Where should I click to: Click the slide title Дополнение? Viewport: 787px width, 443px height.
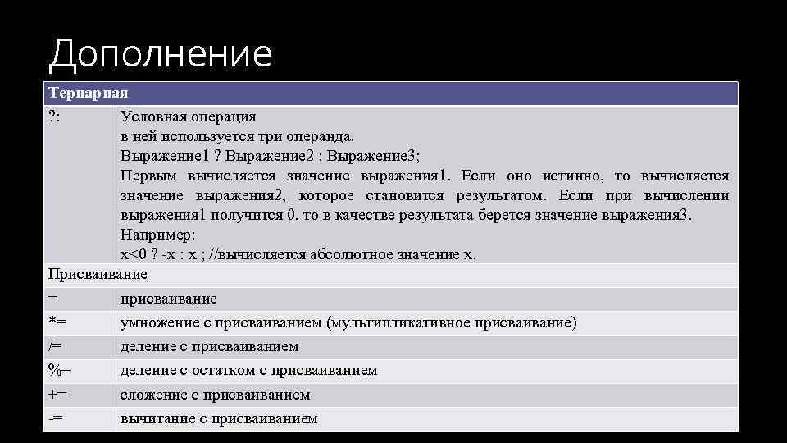click(160, 54)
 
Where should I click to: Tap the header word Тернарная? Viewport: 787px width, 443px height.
click(88, 93)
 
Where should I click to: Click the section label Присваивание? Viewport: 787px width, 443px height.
click(98, 274)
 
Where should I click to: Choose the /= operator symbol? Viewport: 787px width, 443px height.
click(56, 346)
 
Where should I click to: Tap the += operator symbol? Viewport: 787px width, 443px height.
click(57, 395)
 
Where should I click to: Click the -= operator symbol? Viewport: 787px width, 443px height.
click(56, 418)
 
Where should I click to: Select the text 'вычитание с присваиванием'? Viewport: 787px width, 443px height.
click(218, 418)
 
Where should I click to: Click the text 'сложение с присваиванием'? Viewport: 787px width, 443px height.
click(215, 395)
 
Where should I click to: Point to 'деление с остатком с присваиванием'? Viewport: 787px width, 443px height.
click(248, 370)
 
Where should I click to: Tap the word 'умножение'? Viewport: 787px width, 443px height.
click(159, 322)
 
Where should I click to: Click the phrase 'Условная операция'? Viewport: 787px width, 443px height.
click(188, 116)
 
